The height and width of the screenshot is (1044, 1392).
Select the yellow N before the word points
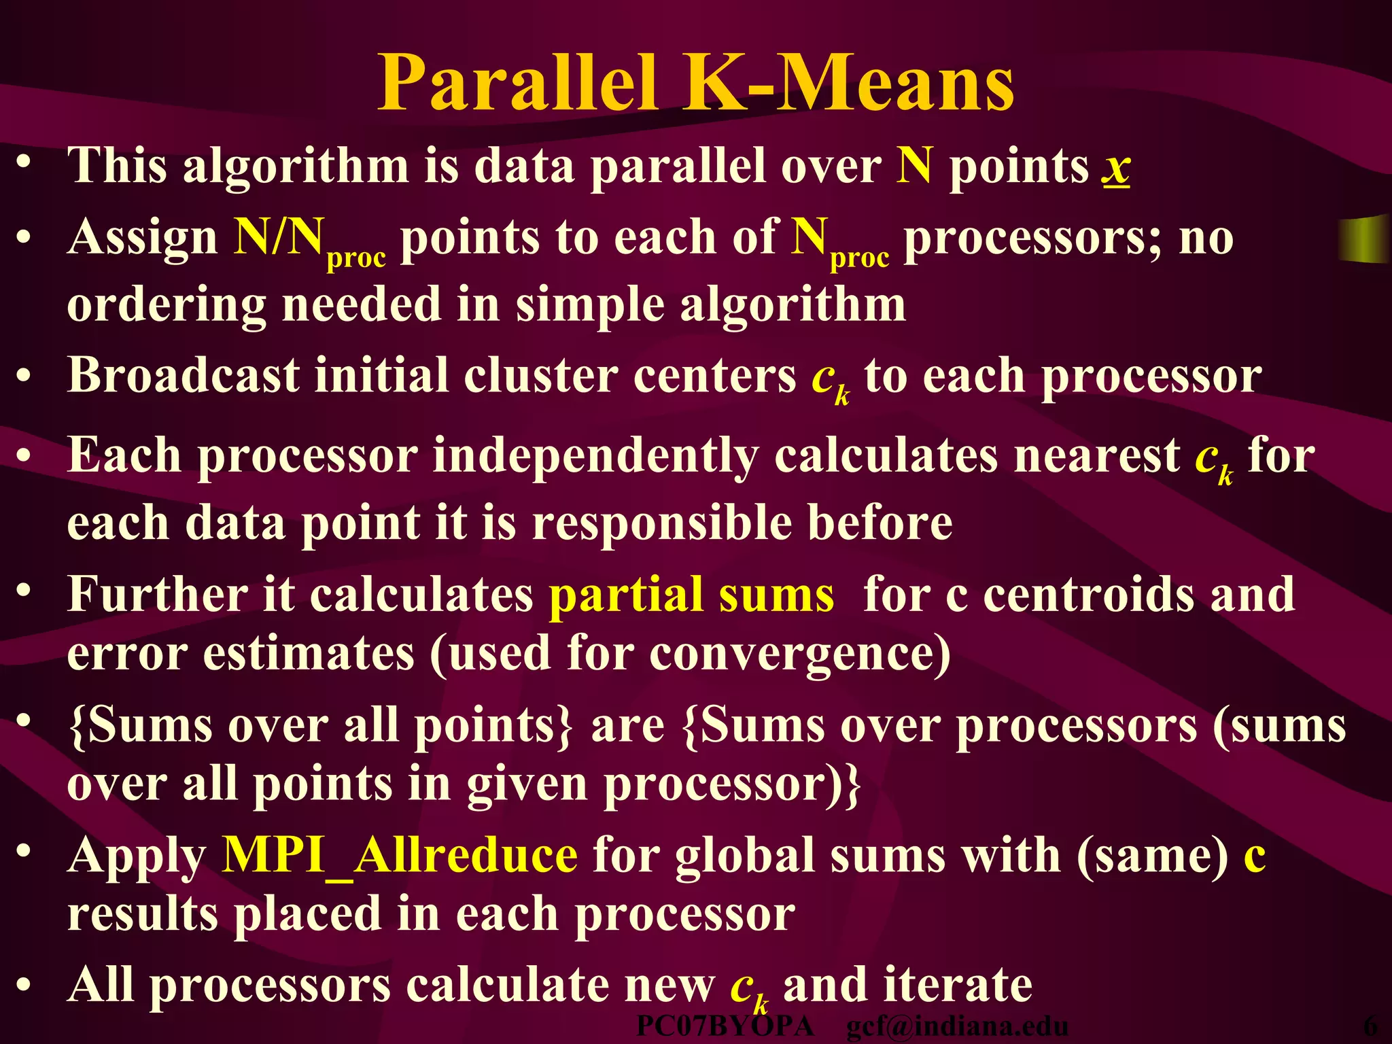(914, 166)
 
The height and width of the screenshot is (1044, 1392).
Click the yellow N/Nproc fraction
(310, 241)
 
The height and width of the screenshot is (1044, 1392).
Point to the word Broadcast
(183, 375)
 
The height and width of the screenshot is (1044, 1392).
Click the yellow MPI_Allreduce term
(400, 855)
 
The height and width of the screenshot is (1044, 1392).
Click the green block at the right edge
(1363, 237)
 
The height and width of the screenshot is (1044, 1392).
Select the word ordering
(166, 306)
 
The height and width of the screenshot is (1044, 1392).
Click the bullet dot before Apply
(24, 852)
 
